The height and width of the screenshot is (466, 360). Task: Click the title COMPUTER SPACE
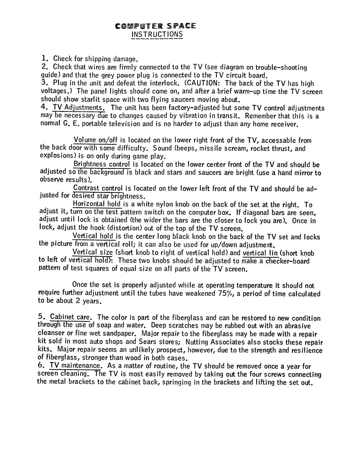tap(155, 26)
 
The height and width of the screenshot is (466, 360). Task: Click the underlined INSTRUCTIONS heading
tap(157, 34)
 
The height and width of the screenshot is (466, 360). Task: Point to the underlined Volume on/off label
tap(96, 140)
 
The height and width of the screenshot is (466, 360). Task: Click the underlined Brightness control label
tap(102, 164)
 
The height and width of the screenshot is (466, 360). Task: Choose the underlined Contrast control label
tap(98, 188)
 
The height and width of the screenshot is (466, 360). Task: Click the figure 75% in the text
tap(225, 293)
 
